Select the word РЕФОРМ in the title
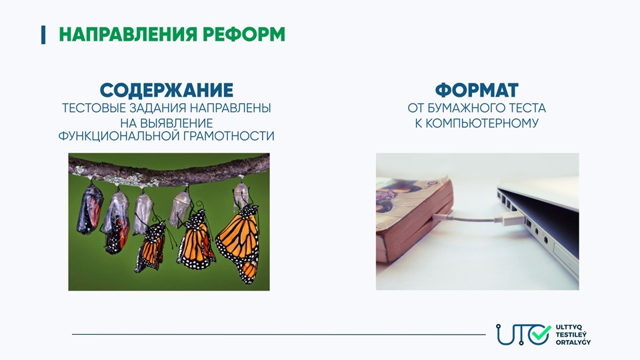point(244,34)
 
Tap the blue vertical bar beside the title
point(43,35)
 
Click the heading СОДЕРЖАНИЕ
point(167,90)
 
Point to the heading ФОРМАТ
point(477,90)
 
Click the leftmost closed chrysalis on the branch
point(90,208)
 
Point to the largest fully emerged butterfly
point(239,243)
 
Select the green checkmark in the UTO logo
point(541,333)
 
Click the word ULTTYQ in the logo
point(565,327)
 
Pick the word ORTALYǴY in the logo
point(573,342)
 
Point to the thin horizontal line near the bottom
point(279,334)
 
